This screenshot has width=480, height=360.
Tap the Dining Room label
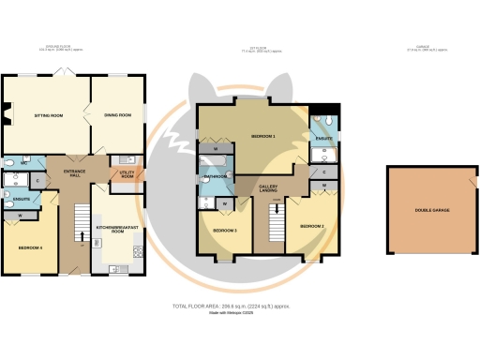(117, 115)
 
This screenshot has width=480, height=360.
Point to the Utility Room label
(127, 174)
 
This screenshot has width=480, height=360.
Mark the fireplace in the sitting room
(7, 115)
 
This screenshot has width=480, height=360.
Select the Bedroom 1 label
(263, 137)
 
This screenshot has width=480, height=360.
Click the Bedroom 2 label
(311, 227)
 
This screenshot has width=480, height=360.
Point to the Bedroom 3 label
(223, 230)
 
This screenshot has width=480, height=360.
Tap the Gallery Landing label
(272, 189)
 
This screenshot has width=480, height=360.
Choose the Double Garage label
(427, 210)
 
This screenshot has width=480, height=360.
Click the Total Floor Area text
(231, 307)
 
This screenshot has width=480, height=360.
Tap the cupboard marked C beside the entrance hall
(37, 181)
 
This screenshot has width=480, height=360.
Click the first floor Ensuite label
(323, 140)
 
